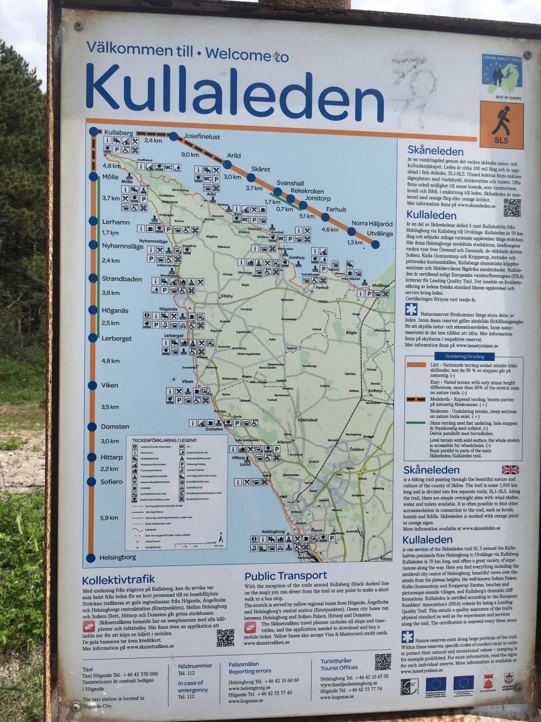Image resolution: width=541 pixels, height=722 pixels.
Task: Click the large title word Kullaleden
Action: [x=235, y=90]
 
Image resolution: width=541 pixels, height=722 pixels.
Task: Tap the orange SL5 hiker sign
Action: [x=501, y=125]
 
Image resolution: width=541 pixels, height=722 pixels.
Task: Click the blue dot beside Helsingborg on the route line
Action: [x=91, y=557]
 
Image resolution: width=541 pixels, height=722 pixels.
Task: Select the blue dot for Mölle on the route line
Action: [x=93, y=177]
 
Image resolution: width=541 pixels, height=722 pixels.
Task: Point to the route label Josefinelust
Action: [x=202, y=136]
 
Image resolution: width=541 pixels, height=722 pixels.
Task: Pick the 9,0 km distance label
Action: [x=190, y=155]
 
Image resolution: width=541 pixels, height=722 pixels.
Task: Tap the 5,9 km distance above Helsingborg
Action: [x=110, y=517]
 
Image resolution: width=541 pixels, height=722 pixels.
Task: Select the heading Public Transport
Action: [x=285, y=576]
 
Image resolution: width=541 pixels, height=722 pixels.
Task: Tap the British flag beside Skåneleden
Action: [x=510, y=469]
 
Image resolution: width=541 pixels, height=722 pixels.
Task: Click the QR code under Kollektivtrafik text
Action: [x=225, y=638]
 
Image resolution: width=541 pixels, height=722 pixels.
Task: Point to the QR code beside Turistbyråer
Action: [x=383, y=662]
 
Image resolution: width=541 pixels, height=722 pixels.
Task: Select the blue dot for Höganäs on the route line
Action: [x=93, y=310]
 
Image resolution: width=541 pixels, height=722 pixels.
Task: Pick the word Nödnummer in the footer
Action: [x=195, y=666]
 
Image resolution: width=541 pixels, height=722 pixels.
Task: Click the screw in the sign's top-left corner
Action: [x=78, y=26]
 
